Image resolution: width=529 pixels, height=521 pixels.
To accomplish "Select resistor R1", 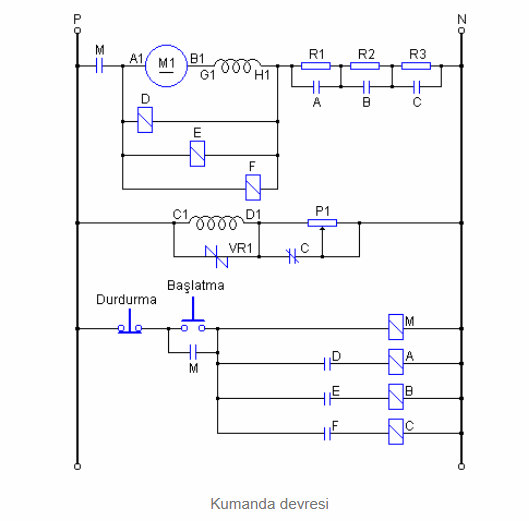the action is pyautogui.click(x=315, y=66).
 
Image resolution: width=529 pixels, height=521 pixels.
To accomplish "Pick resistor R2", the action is pyautogui.click(x=365, y=66).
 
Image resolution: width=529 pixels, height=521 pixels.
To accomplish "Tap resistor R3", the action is pyautogui.click(x=416, y=66).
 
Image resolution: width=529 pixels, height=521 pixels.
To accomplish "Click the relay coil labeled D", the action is pyautogui.click(x=145, y=120).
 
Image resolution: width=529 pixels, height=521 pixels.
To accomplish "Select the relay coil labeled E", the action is pyautogui.click(x=197, y=154).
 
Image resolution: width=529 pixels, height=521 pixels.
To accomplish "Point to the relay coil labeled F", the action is pyautogui.click(x=253, y=187).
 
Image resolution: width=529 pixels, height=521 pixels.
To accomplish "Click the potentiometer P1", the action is pyautogui.click(x=322, y=223).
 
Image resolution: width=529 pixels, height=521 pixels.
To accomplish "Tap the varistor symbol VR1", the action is pyautogui.click(x=217, y=257).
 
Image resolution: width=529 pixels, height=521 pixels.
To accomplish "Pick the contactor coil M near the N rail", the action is pyautogui.click(x=396, y=327).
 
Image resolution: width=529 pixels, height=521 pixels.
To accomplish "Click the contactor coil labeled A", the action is pyautogui.click(x=396, y=362).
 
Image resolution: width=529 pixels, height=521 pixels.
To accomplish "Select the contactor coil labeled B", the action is pyautogui.click(x=396, y=397).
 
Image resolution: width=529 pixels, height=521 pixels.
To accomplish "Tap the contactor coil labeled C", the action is pyautogui.click(x=396, y=432).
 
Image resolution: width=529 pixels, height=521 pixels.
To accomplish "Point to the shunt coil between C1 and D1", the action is pyautogui.click(x=216, y=223).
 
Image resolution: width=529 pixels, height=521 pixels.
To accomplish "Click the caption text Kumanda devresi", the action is pyautogui.click(x=270, y=504).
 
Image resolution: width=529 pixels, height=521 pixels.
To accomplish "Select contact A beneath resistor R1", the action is pyautogui.click(x=316, y=87).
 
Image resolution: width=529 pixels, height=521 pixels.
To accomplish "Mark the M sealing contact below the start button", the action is pyautogui.click(x=193, y=353).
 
